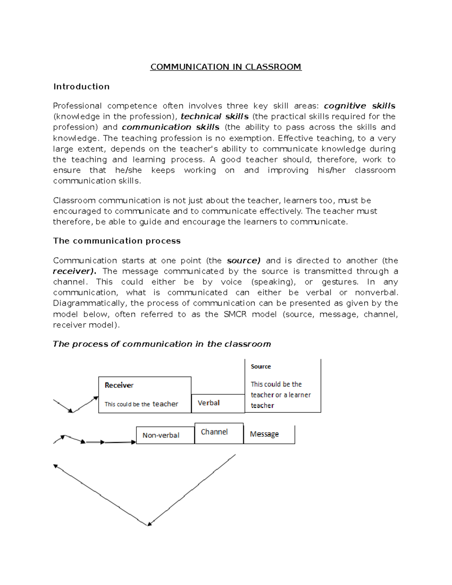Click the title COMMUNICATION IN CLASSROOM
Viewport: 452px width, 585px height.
coord(226,67)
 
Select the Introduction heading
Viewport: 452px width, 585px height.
coord(81,87)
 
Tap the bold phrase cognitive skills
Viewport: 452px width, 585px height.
coord(359,106)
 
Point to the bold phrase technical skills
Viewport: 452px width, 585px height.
coord(215,116)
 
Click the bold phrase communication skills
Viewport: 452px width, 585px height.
coord(171,127)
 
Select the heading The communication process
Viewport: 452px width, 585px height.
coord(117,241)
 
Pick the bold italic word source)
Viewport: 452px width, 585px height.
coord(243,261)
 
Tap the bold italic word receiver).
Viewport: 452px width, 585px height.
coord(75,271)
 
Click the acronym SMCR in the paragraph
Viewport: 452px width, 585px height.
coord(235,314)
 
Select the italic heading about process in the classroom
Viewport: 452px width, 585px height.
coord(162,344)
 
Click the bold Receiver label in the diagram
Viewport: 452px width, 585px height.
coord(119,385)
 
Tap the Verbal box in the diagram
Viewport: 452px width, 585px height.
coord(209,403)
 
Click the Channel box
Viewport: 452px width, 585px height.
coord(214,432)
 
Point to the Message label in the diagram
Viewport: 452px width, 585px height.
coord(264,434)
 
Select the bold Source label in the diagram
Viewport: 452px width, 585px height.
coord(261,367)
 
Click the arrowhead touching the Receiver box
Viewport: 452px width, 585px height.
coord(96,398)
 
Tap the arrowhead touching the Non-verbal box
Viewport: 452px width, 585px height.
coord(133,442)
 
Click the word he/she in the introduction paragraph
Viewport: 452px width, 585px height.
coord(128,170)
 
